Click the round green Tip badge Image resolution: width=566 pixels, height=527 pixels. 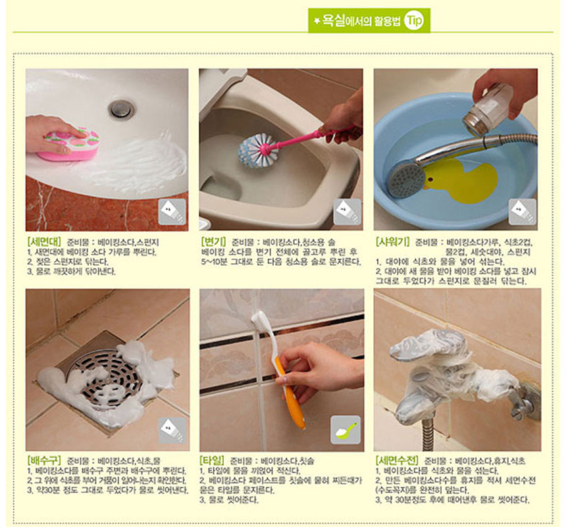click(x=414, y=20)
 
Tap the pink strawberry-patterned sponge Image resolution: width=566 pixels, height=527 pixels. click(x=68, y=144)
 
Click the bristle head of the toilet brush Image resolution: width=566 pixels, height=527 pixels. click(x=255, y=151)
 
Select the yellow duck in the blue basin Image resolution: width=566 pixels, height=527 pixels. click(x=461, y=182)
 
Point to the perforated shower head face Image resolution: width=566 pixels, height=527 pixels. click(x=406, y=180)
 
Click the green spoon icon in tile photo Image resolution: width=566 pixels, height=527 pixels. click(x=346, y=430)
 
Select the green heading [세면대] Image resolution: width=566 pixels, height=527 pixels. click(x=44, y=241)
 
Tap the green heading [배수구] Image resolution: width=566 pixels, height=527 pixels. click(x=43, y=461)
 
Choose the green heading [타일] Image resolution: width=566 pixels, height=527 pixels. click(x=212, y=461)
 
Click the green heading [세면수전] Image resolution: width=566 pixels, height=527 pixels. click(x=397, y=461)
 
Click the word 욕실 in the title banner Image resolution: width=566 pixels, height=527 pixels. click(x=333, y=20)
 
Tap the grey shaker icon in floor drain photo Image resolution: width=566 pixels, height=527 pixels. click(x=172, y=431)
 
